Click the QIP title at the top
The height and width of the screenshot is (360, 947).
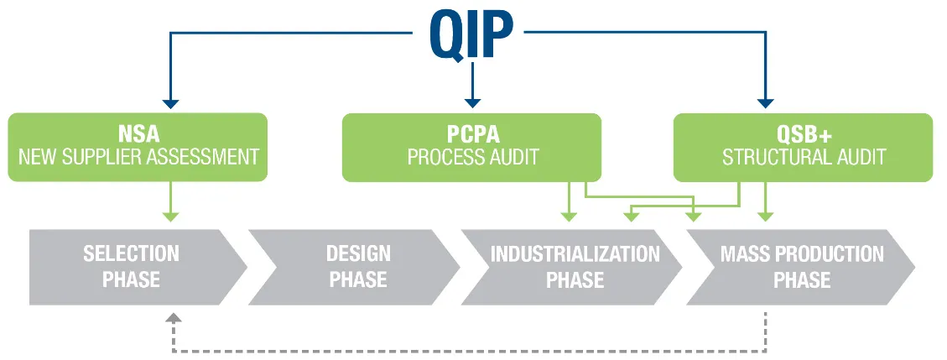pyautogui.click(x=471, y=35)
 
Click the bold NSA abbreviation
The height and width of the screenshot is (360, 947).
pyautogui.click(x=138, y=133)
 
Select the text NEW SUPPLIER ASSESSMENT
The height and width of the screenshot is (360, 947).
pyautogui.click(x=138, y=157)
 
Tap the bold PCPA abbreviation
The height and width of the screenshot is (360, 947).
pyautogui.click(x=472, y=133)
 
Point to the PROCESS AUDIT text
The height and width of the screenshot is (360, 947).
pyautogui.click(x=472, y=157)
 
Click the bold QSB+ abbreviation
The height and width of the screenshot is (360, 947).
pyautogui.click(x=804, y=133)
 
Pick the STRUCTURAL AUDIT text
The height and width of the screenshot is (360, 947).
pyautogui.click(x=804, y=157)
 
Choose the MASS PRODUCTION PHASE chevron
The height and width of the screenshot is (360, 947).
pyautogui.click(x=801, y=267)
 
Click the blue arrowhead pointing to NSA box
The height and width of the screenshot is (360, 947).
pyautogui.click(x=171, y=104)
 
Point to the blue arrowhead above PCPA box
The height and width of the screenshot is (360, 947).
pyautogui.click(x=472, y=104)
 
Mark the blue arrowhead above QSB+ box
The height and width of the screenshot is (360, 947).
pyautogui.click(x=766, y=104)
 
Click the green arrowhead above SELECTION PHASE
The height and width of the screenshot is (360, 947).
pyautogui.click(x=171, y=217)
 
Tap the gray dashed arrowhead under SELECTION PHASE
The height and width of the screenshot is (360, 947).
pyautogui.click(x=174, y=318)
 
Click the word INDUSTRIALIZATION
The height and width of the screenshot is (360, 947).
pyautogui.click(x=575, y=253)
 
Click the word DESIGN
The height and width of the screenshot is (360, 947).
pyautogui.click(x=358, y=253)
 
